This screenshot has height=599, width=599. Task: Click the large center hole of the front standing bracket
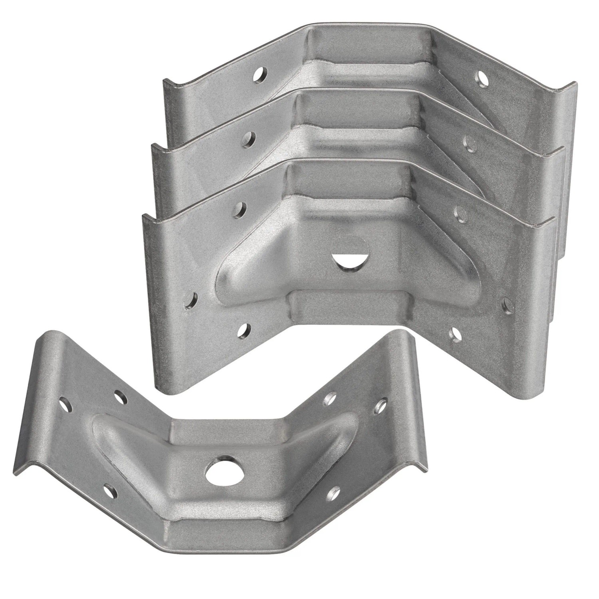(347, 259)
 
